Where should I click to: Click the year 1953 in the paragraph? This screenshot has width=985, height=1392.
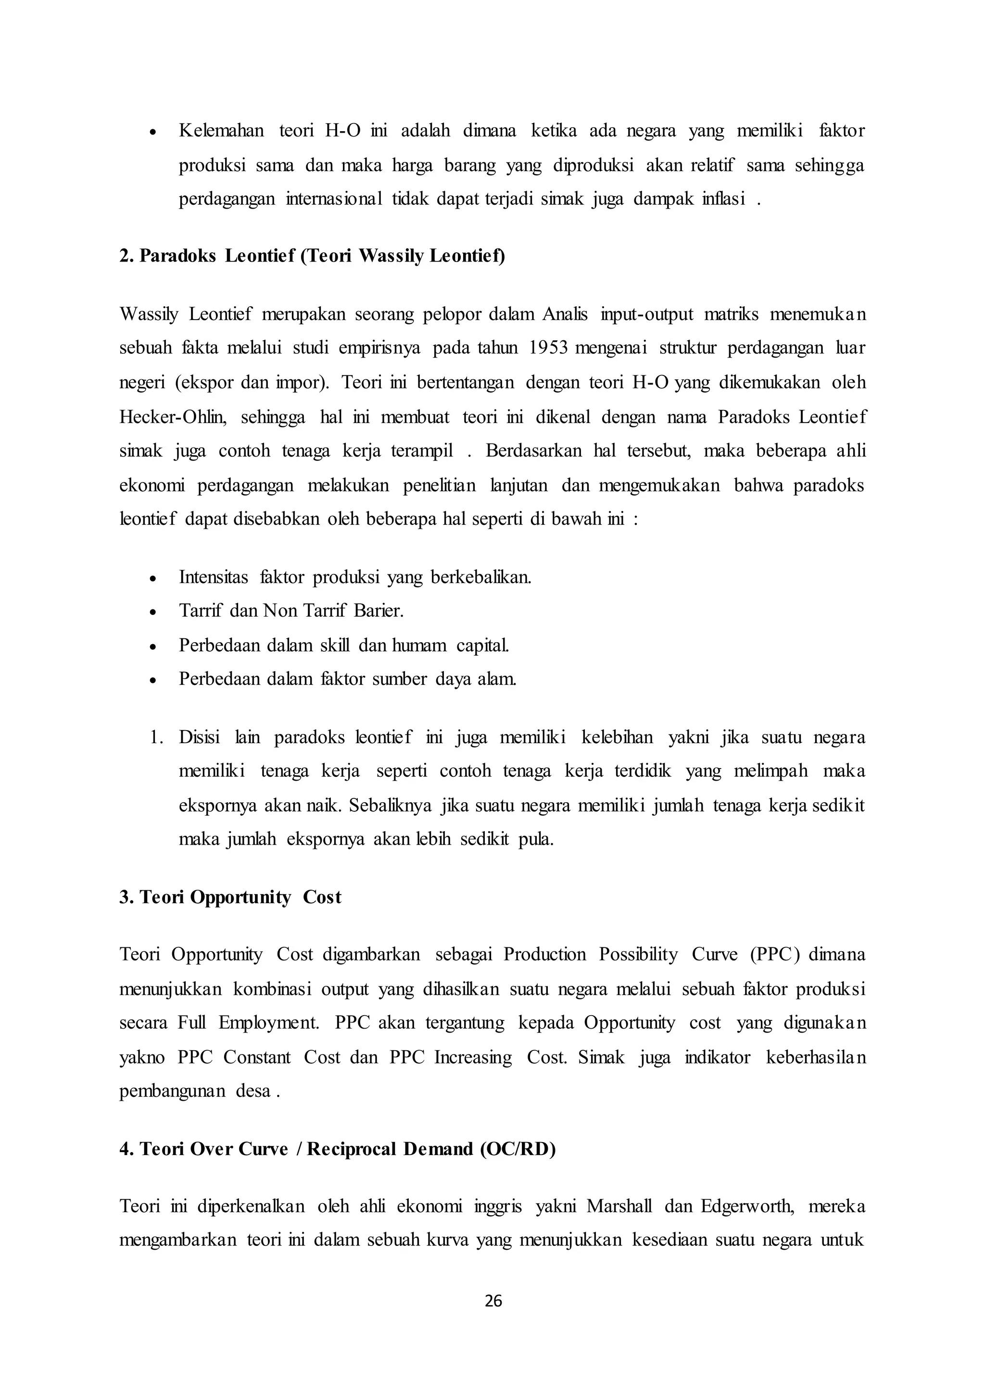[548, 348]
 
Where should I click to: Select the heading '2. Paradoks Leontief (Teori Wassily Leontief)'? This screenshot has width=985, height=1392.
[312, 256]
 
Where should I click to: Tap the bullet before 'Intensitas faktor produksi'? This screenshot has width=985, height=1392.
[153, 578]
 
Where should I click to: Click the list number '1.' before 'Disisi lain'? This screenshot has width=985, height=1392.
[157, 737]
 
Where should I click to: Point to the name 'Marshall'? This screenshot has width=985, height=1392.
[619, 1206]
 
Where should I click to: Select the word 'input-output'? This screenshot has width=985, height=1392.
[646, 314]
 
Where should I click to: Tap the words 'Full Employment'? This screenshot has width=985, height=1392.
[248, 1023]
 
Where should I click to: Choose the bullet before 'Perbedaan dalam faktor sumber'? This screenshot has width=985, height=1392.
[153, 680]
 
